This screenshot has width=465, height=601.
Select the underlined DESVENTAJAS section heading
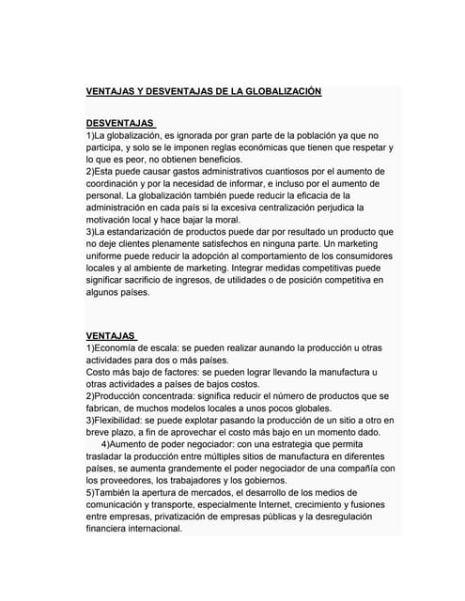click(119, 123)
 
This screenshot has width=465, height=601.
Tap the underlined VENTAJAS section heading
click(110, 334)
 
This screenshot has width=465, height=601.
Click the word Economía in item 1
click(118, 347)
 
